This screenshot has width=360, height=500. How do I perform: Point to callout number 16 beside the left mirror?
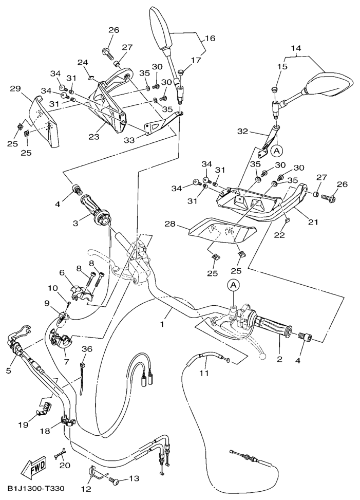(211, 38)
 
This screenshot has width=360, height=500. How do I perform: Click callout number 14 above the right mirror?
(295, 49)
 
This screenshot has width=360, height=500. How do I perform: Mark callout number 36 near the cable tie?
(87, 349)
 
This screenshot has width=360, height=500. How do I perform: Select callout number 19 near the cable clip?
(23, 424)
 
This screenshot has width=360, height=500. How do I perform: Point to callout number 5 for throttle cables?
(8, 369)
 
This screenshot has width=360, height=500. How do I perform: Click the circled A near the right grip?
(234, 284)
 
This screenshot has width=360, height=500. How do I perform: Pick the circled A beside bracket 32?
(277, 151)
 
